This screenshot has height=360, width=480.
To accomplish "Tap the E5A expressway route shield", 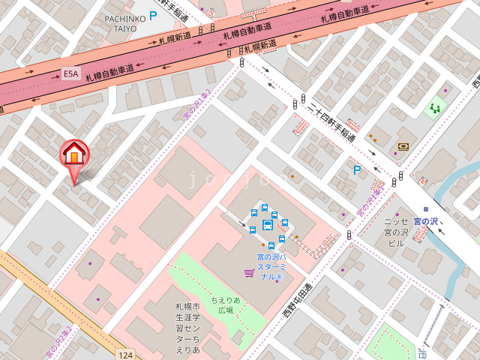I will pos(70,73).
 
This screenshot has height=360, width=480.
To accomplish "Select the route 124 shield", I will pos(124,353).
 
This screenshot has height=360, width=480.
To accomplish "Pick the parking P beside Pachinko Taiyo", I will pos(153,15).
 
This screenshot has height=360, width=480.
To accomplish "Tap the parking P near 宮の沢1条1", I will pos(357,171).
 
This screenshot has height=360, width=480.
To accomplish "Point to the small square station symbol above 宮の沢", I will pos(425,209).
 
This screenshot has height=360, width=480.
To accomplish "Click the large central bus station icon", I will pos(267,225).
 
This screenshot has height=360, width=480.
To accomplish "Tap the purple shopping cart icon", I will pos(248,274).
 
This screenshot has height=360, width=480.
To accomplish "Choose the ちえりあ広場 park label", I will pos(226,304).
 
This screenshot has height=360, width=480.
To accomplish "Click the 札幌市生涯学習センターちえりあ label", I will pos(187,328).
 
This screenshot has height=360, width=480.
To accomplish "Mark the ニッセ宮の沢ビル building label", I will pos(395,232).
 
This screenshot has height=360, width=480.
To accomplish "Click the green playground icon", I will pos(433,109).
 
